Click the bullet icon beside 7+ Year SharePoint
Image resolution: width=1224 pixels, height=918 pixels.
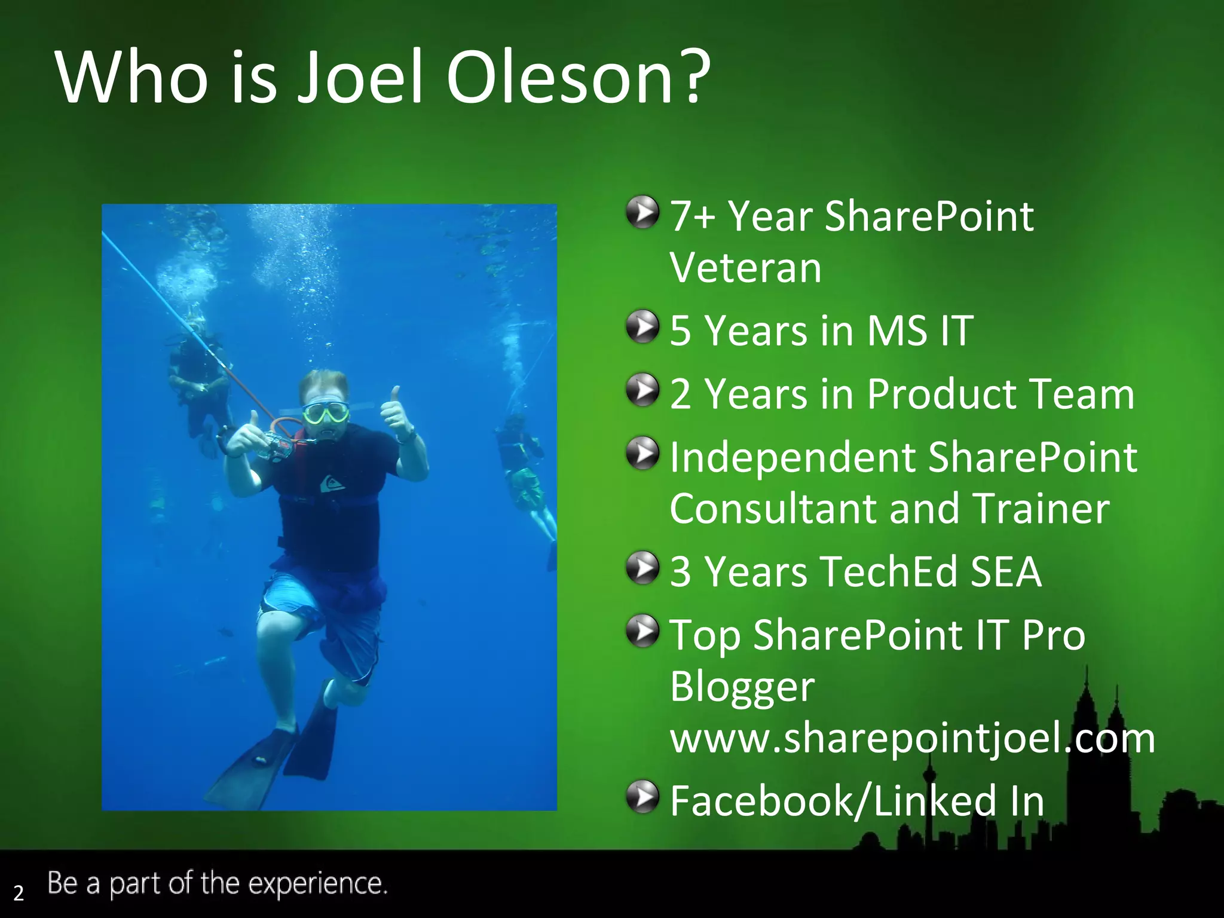tap(642, 212)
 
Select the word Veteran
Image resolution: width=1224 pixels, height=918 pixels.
tap(745, 268)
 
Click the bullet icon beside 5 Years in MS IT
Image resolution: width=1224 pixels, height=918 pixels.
tap(642, 326)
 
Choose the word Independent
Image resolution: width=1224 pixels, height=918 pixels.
tap(792, 458)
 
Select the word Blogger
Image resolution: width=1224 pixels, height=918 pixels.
tap(742, 687)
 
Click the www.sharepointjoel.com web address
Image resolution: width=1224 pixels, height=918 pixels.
tap(912, 739)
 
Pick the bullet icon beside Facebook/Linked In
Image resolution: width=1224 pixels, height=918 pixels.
tap(642, 797)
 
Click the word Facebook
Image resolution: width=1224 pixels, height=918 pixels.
tap(762, 801)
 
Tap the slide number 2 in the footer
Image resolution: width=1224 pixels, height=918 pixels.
tap(19, 893)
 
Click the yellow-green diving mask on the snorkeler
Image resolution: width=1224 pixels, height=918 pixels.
tap(325, 412)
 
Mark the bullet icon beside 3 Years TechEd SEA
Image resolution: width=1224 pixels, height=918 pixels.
tap(642, 568)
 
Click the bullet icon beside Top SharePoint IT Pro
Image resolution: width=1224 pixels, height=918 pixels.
tap(642, 631)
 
